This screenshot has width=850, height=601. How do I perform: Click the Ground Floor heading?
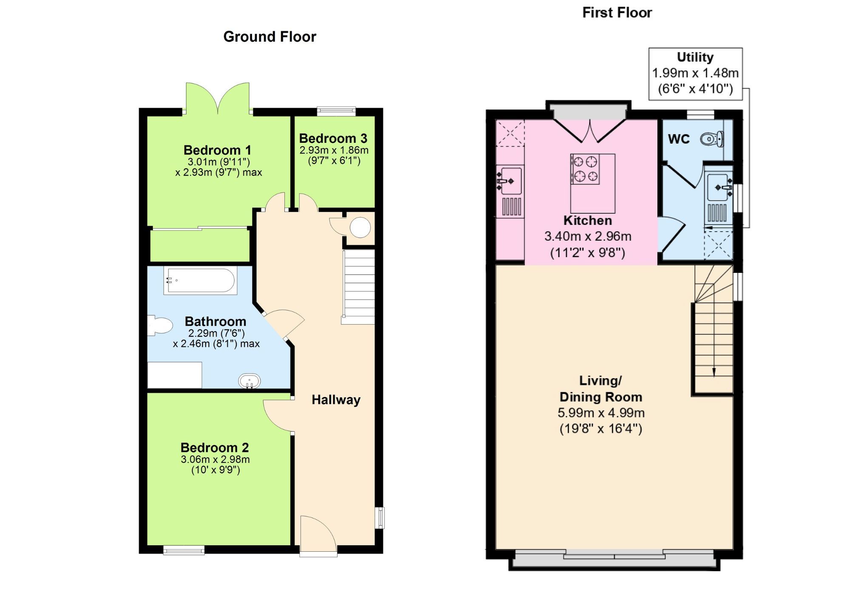click(x=270, y=37)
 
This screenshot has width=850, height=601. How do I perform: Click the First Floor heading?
click(x=617, y=13)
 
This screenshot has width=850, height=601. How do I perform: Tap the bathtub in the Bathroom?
click(x=200, y=281)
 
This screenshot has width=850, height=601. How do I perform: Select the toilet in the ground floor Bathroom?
click(x=160, y=326)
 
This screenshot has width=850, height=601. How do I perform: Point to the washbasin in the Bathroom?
click(x=249, y=381)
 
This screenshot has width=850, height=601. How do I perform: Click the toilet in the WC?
click(x=712, y=139)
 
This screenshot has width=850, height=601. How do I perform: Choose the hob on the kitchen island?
click(x=585, y=169)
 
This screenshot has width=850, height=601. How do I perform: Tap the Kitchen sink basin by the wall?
click(x=510, y=181)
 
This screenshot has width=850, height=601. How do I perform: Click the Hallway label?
click(x=336, y=400)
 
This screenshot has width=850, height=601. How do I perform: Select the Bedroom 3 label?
click(x=333, y=139)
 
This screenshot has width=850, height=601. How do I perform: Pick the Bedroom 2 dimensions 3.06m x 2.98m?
click(x=215, y=459)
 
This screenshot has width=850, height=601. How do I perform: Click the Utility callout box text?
click(x=695, y=73)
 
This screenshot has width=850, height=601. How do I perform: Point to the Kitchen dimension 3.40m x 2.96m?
click(x=588, y=236)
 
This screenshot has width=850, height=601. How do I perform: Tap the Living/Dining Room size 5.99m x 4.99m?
click(x=601, y=413)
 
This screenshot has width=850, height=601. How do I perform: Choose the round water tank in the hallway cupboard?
click(x=360, y=227)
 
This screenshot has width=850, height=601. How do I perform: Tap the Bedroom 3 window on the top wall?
click(x=336, y=111)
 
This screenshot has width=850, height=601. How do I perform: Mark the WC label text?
click(x=679, y=139)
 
